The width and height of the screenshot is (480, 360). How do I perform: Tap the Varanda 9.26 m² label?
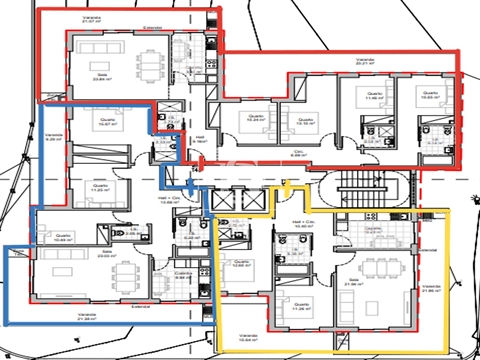[x=53, y=137]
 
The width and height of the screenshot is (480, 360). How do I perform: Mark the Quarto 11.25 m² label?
[x=99, y=187]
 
